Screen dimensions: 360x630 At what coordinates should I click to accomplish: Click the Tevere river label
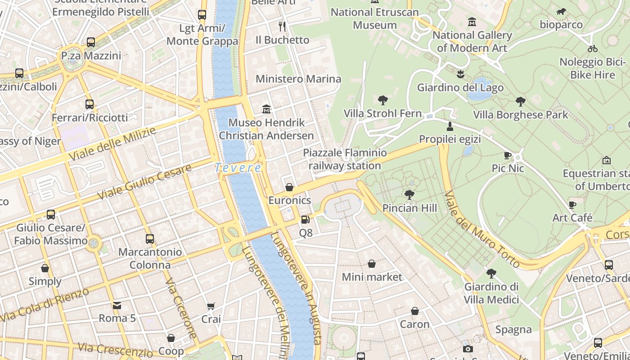click(238, 168)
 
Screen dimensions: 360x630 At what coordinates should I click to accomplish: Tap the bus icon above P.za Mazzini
click(91, 42)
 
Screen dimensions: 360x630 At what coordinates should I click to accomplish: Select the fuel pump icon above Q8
click(306, 220)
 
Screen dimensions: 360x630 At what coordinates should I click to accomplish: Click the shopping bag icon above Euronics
click(289, 187)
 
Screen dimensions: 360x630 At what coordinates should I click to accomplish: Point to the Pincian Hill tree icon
click(409, 194)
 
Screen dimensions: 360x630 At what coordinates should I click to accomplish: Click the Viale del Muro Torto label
click(481, 229)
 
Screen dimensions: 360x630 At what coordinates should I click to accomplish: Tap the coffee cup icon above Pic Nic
click(508, 156)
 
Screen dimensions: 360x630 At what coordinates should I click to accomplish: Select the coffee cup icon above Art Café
click(572, 205)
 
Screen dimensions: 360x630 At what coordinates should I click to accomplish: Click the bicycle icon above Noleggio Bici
click(592, 49)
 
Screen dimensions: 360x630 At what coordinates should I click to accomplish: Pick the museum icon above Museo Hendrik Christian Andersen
click(266, 109)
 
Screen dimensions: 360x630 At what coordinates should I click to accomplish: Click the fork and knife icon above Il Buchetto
click(282, 27)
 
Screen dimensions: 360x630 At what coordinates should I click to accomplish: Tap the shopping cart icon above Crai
click(211, 306)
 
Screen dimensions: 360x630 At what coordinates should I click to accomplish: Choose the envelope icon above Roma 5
click(117, 306)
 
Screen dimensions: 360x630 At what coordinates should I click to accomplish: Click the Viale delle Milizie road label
click(112, 144)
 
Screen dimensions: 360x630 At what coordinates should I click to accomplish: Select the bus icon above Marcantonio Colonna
click(150, 239)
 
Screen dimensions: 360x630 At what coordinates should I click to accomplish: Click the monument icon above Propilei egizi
click(450, 126)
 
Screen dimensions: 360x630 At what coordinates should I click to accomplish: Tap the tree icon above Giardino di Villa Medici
click(491, 273)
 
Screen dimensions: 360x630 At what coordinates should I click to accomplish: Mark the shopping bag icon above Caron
click(414, 311)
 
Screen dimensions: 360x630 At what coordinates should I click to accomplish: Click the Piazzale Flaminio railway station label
click(345, 159)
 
